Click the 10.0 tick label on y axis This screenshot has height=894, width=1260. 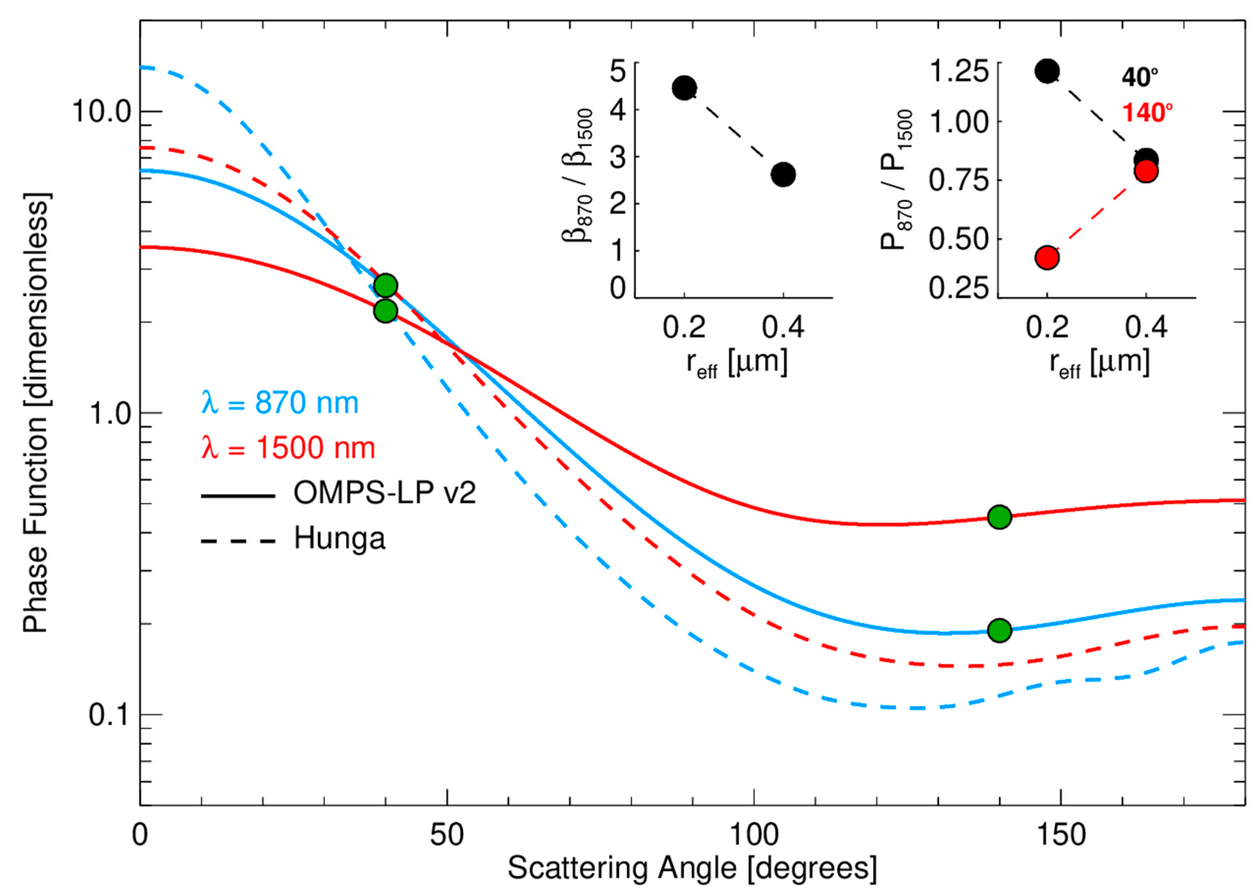102,112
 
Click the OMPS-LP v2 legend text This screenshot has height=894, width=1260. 384,493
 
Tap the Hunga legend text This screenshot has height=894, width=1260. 340,538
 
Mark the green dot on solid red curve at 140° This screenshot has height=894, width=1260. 1000,517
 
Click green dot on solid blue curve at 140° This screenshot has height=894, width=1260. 1000,630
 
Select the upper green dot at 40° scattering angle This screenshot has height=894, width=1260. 385,286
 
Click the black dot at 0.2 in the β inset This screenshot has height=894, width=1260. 685,88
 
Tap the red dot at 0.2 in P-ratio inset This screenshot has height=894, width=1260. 1047,257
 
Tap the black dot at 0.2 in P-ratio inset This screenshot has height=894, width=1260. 1047,71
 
